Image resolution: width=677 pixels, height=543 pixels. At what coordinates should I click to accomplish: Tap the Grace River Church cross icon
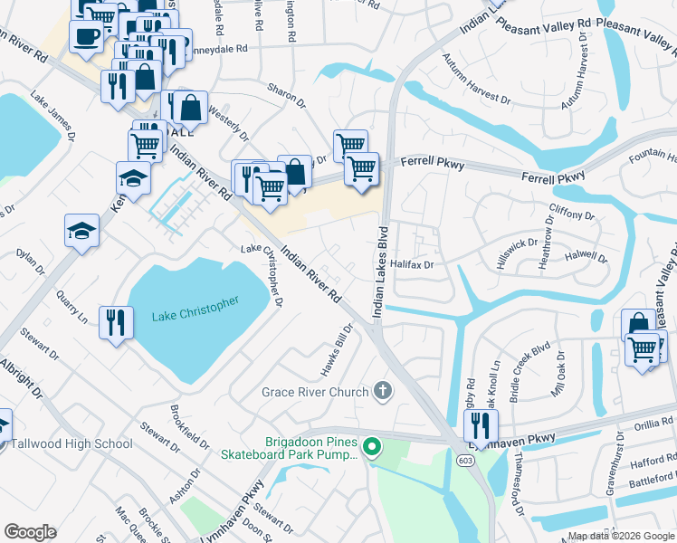[383, 392]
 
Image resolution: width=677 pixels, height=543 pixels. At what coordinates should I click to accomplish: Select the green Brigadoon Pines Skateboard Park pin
[370, 447]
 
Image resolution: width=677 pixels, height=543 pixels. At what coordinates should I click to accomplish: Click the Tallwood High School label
[72, 443]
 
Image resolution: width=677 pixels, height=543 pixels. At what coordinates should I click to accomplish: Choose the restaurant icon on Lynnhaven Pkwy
[482, 424]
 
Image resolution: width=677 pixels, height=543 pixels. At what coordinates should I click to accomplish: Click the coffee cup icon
[85, 37]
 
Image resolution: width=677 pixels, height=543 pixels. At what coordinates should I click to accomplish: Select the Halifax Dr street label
[415, 264]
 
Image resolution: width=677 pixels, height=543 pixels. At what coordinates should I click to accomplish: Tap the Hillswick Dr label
[518, 244]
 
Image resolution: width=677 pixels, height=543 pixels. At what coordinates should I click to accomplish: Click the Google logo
[30, 532]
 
